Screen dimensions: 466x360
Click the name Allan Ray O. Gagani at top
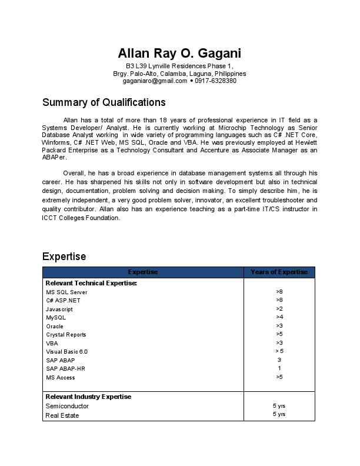(x=179, y=52)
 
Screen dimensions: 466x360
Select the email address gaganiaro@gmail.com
(x=151, y=81)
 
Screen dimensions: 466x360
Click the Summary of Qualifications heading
(x=104, y=102)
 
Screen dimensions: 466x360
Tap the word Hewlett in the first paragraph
(x=305, y=142)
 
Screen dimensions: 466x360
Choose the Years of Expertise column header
(x=279, y=272)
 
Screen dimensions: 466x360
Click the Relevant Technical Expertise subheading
(x=91, y=284)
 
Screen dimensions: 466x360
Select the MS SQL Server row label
(x=66, y=292)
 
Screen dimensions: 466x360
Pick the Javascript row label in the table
(x=59, y=309)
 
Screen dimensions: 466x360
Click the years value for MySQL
(x=279, y=317)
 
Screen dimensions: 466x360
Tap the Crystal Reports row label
(x=66, y=335)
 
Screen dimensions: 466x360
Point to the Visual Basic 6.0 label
(x=66, y=351)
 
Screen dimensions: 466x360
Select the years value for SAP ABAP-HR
(x=279, y=368)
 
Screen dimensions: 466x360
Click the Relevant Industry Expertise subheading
(x=88, y=397)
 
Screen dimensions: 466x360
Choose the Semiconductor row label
(x=67, y=406)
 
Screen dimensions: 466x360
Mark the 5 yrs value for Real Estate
(x=279, y=415)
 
